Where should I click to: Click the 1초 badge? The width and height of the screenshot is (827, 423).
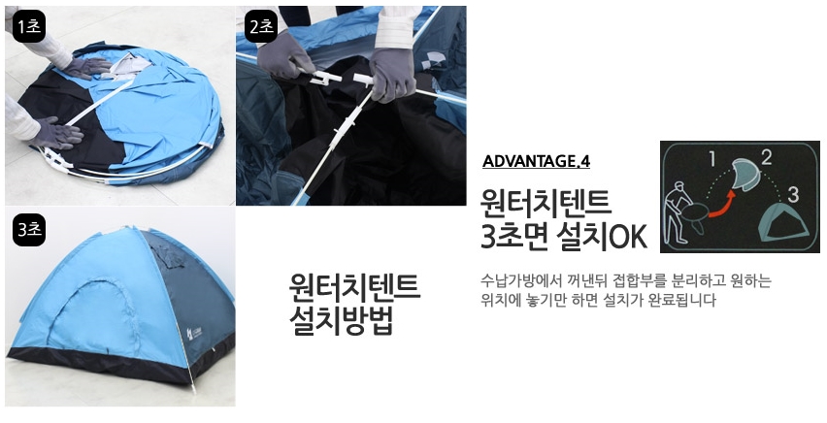tap(28, 27)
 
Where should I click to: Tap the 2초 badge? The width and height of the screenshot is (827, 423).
tap(261, 26)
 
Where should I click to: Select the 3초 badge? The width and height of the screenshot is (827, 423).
tap(28, 231)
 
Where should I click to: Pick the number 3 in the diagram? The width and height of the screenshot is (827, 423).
tap(793, 194)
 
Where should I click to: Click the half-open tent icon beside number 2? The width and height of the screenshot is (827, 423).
tap(745, 177)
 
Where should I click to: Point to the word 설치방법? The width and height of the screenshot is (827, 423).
tap(340, 321)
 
